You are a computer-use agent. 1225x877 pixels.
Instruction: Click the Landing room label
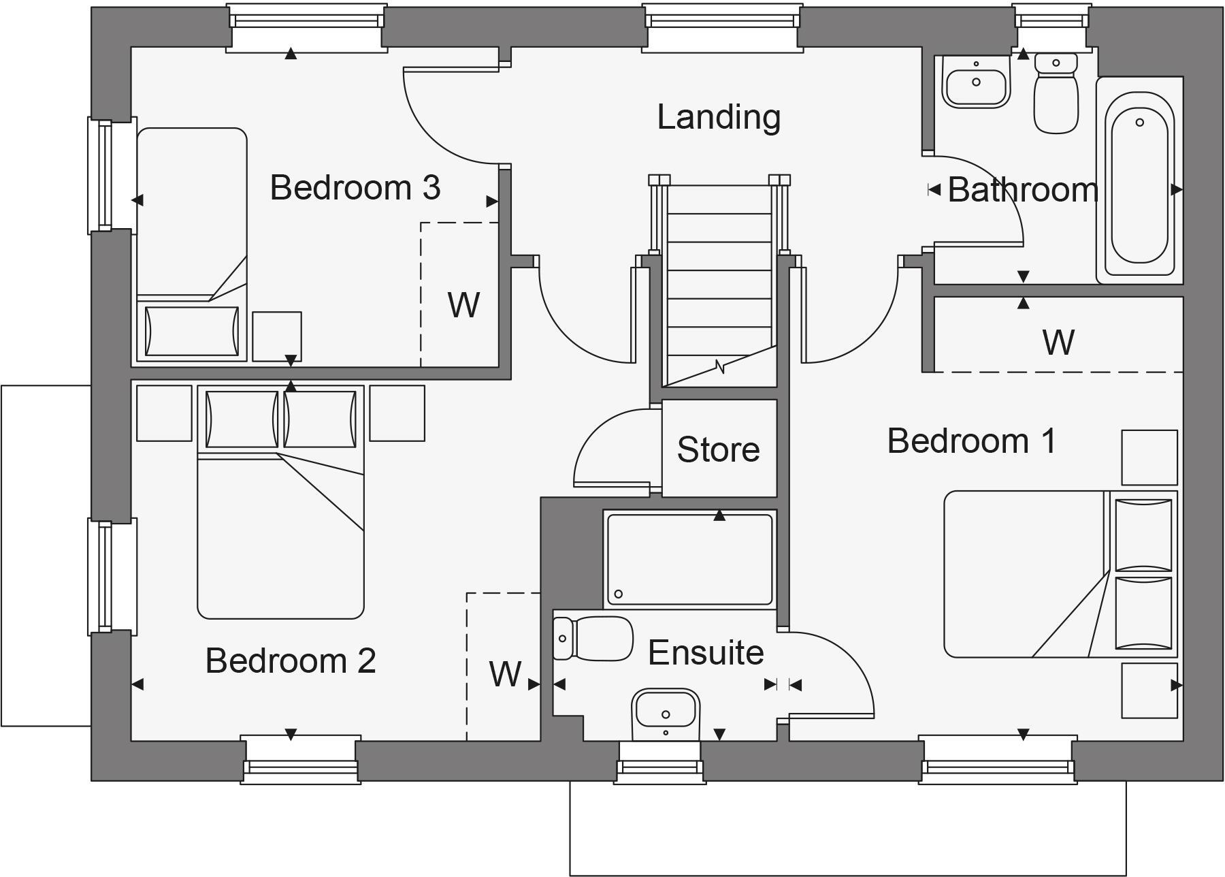click(x=719, y=117)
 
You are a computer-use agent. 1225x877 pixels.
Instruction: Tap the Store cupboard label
click(x=719, y=449)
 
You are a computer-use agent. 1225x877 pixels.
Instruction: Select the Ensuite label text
click(x=706, y=652)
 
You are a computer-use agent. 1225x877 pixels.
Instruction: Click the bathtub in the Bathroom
click(x=1139, y=180)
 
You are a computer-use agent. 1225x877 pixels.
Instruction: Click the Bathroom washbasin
click(x=976, y=82)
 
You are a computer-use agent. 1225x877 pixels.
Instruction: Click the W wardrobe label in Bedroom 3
click(x=463, y=305)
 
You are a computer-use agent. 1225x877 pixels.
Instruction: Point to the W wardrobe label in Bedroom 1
click(x=1058, y=342)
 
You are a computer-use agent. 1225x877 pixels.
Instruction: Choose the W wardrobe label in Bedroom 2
click(x=505, y=674)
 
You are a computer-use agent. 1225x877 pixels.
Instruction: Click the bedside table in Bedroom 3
click(x=277, y=336)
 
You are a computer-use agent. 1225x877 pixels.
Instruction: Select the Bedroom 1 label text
click(x=971, y=441)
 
